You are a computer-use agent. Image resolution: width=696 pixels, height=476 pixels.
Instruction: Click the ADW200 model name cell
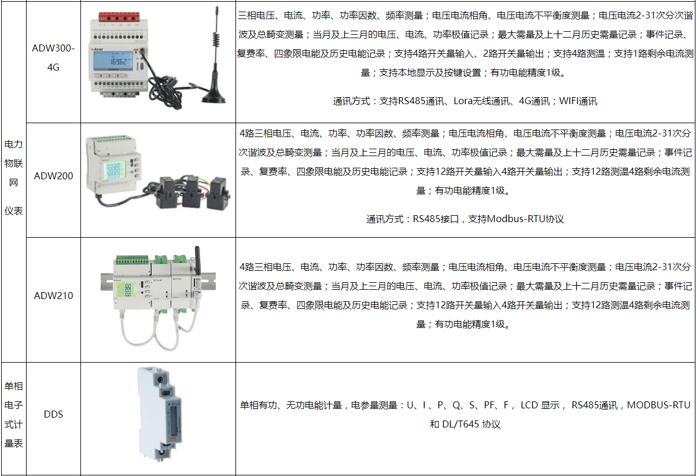(x=53, y=176)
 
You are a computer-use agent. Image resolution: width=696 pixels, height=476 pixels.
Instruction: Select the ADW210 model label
(x=53, y=296)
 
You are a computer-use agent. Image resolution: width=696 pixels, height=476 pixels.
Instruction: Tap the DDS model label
(x=53, y=414)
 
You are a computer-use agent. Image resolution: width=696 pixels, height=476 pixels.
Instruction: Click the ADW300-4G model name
(x=53, y=57)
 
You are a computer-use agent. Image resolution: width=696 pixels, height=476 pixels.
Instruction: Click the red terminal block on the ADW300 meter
(x=119, y=16)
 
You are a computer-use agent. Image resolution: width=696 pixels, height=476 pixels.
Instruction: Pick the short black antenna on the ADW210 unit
(x=197, y=260)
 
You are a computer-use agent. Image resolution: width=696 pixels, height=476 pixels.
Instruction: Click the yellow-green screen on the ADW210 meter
(x=126, y=290)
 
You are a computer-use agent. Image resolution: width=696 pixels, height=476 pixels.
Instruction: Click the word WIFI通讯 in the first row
(x=578, y=101)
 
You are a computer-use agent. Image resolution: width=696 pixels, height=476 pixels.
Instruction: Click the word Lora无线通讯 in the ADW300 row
(x=481, y=101)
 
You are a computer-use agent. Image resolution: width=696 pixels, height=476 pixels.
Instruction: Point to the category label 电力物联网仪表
(x=13, y=178)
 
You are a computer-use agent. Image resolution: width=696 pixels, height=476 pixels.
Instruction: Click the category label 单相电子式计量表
(x=13, y=415)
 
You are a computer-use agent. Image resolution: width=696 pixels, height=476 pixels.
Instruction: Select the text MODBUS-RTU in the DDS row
(x=658, y=405)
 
